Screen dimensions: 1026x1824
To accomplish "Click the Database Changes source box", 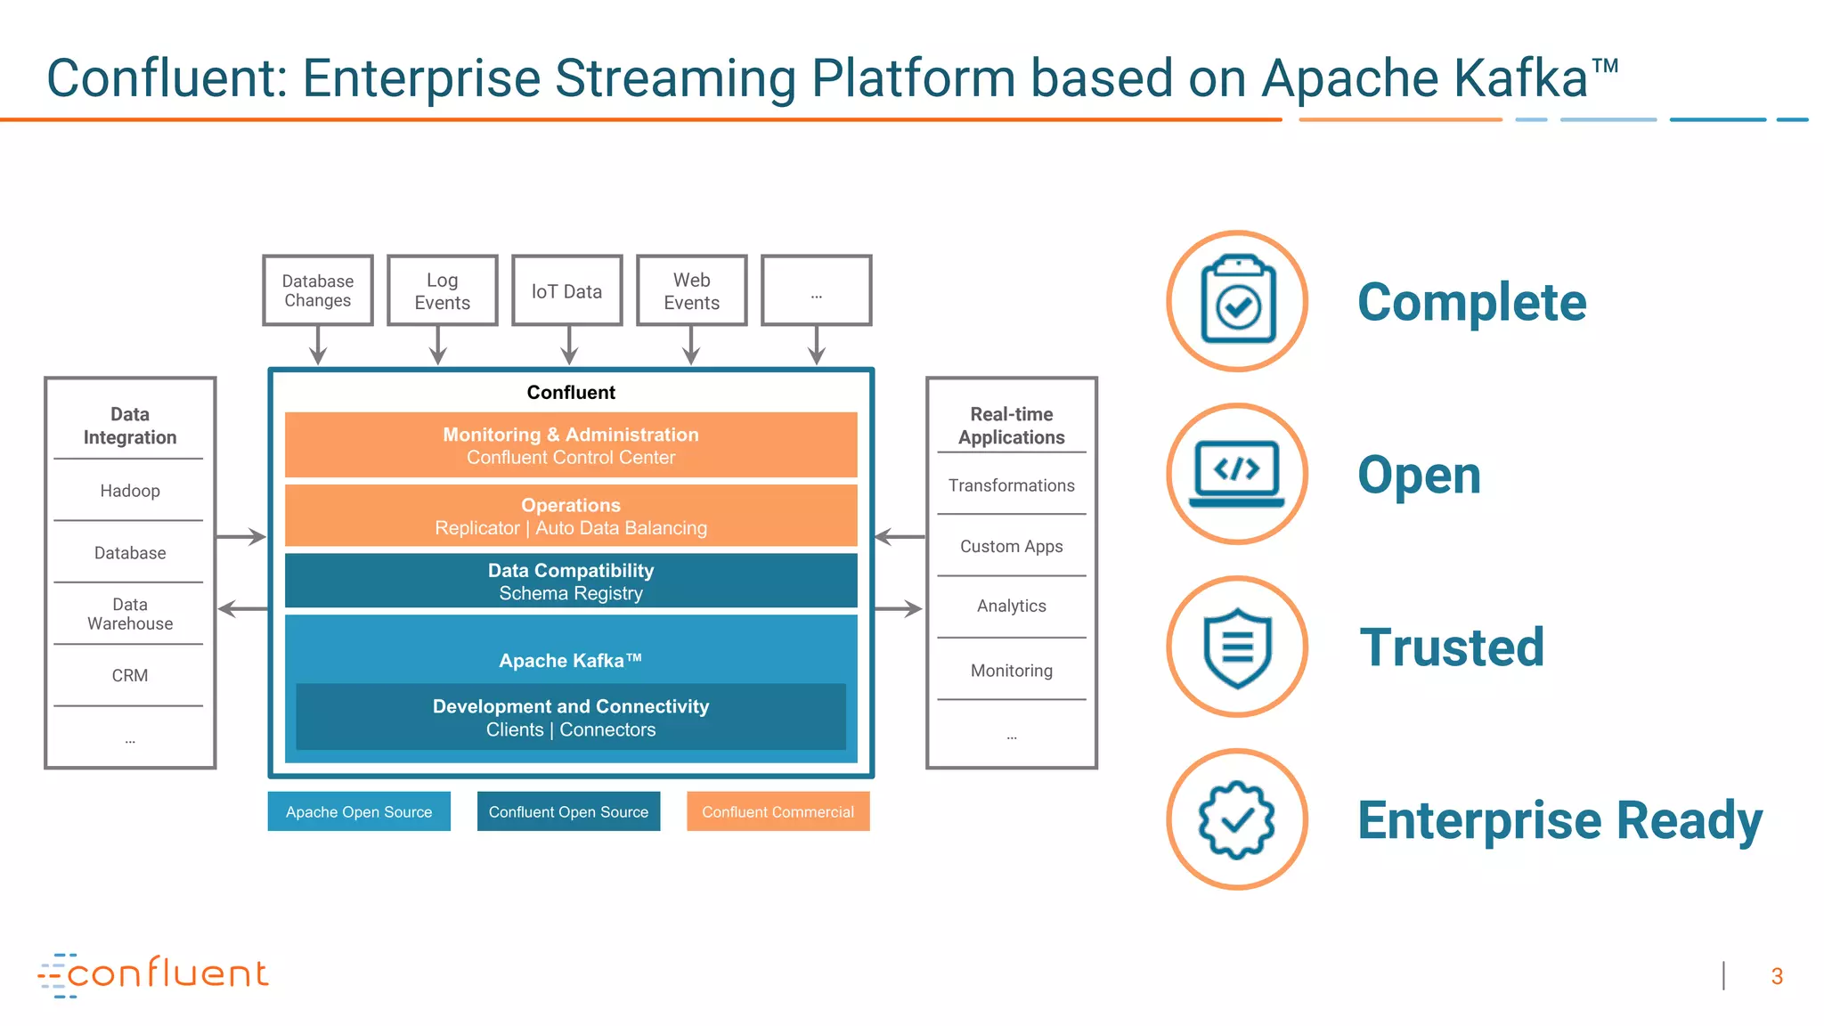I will [317, 290].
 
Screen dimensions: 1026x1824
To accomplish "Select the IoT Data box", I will [566, 290].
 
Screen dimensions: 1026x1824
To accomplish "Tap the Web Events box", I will [691, 290].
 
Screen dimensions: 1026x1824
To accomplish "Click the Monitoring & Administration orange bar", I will [570, 444].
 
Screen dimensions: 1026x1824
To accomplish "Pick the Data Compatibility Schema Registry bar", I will [570, 581].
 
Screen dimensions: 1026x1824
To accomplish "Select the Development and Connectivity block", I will [570, 717].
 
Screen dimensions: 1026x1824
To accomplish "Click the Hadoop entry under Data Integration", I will [130, 491].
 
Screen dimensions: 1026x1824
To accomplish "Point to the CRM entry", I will [130, 675].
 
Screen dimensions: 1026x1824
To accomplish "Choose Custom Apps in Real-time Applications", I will [1011, 546].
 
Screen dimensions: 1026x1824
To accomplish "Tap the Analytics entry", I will [1011, 606].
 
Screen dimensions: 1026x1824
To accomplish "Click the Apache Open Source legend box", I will [359, 811].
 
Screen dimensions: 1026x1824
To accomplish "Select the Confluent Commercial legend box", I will [778, 811].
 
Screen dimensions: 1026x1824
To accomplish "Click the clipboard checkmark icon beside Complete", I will [1237, 301].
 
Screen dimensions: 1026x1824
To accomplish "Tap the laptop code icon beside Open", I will [1237, 474].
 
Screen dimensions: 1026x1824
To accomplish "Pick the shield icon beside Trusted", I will [1237, 647].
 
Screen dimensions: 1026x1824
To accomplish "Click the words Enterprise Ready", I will [1559, 819].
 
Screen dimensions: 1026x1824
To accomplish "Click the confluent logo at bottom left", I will [153, 974].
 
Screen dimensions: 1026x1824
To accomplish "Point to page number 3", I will [1776, 976].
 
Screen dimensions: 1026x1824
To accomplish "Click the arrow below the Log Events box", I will [437, 346].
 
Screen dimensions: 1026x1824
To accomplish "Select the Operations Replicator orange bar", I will [570, 516].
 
